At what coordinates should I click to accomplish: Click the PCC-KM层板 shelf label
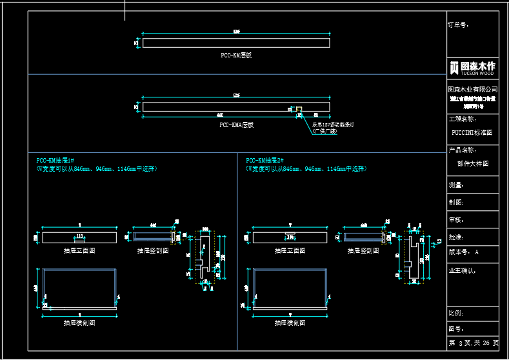pos(236,55)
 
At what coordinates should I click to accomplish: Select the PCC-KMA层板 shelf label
pos(236,125)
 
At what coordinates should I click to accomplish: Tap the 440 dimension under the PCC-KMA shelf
pos(221,114)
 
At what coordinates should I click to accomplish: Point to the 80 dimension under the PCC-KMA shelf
pos(315,114)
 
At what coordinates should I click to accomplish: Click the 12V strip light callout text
pos(334,125)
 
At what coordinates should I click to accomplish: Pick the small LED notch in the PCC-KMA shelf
pos(299,108)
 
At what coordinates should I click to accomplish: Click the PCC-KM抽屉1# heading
pos(55,160)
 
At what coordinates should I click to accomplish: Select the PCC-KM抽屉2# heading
pos(265,160)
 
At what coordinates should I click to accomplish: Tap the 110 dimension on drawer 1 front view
pos(79,236)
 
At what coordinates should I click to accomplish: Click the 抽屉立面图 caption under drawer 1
pos(79,250)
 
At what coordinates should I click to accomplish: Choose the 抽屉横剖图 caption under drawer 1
pos(79,322)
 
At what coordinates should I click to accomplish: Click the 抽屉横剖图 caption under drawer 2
pos(290,322)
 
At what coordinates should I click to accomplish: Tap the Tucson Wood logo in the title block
pos(473,67)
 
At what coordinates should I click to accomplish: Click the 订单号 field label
pos(459,25)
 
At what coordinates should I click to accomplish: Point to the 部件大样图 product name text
pos(473,164)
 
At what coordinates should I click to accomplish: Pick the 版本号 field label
pos(459,252)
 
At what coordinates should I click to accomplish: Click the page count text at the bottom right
pos(474,343)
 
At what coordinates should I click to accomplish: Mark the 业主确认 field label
pos(461,270)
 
